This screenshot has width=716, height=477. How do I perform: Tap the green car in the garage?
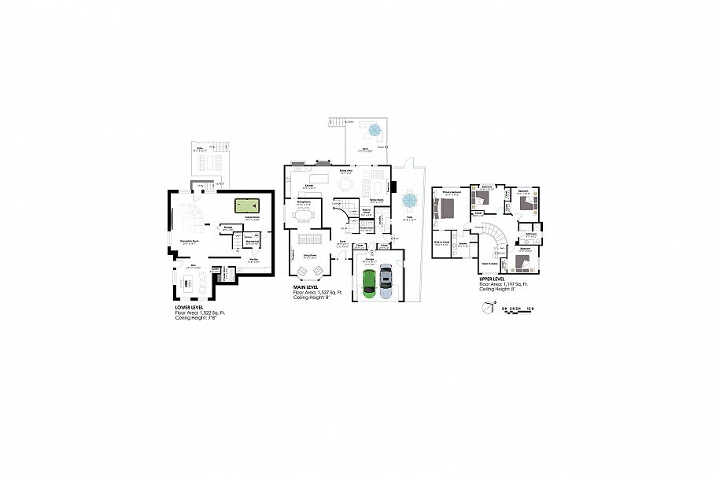(x=369, y=283)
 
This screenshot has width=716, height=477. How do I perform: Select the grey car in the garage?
(x=385, y=282)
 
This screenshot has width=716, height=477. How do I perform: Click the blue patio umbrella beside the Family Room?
(x=409, y=198)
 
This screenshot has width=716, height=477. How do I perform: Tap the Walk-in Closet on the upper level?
(x=441, y=245)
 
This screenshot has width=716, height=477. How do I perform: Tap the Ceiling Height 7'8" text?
(x=201, y=318)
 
